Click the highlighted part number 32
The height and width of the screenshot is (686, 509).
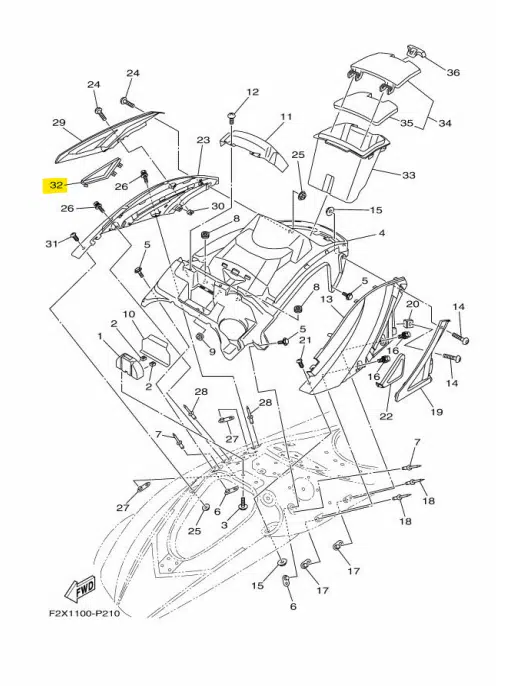[x=56, y=186]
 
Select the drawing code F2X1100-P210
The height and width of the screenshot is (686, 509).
[x=84, y=615]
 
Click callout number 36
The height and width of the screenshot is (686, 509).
[x=453, y=72]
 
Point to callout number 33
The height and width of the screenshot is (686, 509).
[x=409, y=175]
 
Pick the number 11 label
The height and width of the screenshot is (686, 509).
[x=286, y=117]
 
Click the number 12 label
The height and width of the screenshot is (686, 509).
[x=253, y=92]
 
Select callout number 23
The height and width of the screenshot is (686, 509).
[x=203, y=140]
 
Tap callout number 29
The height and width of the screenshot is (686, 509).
[x=59, y=122]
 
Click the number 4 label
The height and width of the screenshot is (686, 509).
[x=382, y=233]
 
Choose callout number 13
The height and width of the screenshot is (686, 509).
[x=326, y=299]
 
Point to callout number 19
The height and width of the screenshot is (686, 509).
[x=436, y=411]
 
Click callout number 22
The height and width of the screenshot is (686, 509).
[x=386, y=416]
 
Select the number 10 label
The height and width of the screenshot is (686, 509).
[x=129, y=314]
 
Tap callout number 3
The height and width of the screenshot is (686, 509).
[x=225, y=524]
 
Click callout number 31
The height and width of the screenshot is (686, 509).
[x=52, y=243]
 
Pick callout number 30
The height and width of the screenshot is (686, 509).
[x=218, y=206]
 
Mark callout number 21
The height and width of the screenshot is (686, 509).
[x=305, y=340]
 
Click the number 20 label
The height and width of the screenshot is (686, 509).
[x=413, y=304]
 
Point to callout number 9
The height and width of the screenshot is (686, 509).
[x=212, y=351]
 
